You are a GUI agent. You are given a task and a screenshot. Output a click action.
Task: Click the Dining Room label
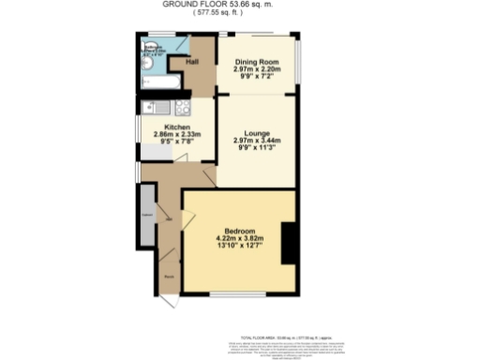pos(257,62)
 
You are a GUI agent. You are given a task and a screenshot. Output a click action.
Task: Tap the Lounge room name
pos(257,133)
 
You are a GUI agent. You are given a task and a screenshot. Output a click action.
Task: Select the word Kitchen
pos(178,127)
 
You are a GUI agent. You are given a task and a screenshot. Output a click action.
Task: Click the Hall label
pos(192,62)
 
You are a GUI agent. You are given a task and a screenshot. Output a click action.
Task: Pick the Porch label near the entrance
pos(170,277)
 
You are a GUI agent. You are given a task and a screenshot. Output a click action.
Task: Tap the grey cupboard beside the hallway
pos(147,214)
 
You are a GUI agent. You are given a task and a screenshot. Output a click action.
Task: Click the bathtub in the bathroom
pos(156,82)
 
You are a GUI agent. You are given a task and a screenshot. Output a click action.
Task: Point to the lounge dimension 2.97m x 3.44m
pos(257,141)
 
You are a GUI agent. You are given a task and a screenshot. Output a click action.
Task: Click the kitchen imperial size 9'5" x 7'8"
pos(178,142)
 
